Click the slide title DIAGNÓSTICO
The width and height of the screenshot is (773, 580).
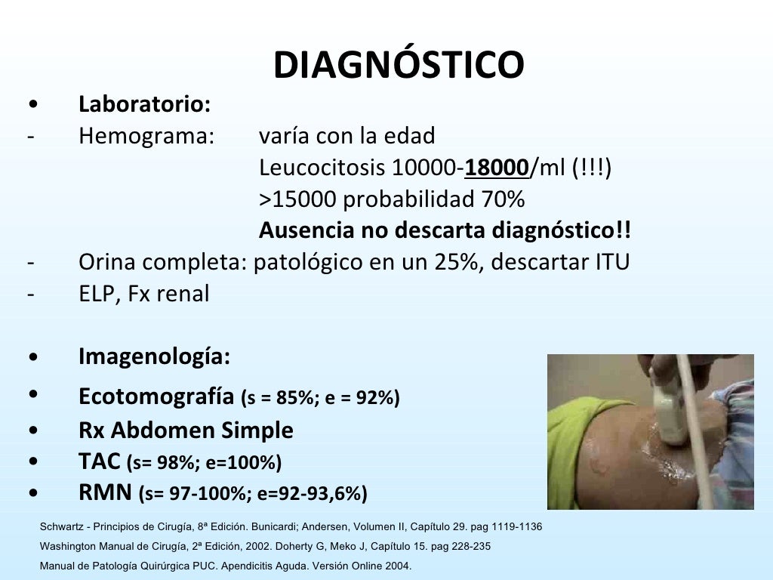point(398,66)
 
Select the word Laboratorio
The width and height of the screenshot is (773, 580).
point(143,104)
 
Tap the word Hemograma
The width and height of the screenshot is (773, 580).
point(146,136)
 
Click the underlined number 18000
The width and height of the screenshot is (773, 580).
point(497,167)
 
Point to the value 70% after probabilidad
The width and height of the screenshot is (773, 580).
point(503,199)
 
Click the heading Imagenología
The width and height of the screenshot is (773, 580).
point(154,356)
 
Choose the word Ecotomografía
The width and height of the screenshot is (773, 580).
point(156,396)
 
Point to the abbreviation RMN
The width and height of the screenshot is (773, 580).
point(105,492)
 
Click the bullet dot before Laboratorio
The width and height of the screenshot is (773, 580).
point(32,104)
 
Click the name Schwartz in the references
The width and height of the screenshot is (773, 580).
point(63,526)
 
